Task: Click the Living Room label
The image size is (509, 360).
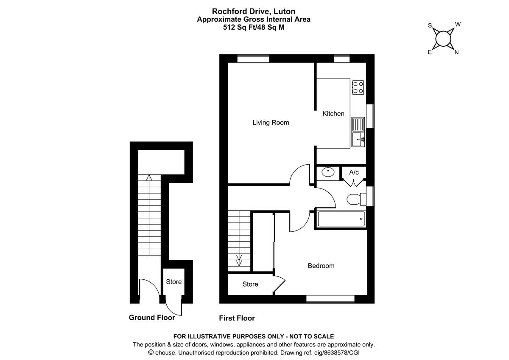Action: pos(271,123)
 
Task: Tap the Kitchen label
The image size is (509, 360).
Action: pos(333,113)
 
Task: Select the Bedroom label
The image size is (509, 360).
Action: pos(321,266)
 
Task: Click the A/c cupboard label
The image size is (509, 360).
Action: pos(354,172)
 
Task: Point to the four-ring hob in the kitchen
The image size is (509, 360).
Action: pos(358,87)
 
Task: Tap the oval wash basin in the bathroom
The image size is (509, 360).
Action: pos(327,172)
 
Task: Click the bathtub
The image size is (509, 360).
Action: pos(341,219)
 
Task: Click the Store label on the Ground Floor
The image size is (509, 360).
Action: pos(173,282)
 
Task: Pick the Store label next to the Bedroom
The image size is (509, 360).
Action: pos(250,284)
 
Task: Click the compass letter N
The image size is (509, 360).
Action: pos(456,53)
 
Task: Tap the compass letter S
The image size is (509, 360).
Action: pos(430,25)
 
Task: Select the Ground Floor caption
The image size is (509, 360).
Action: pos(152,318)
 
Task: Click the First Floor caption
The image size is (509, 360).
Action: pos(237,318)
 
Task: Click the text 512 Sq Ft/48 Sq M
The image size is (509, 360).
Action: pos(254,27)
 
